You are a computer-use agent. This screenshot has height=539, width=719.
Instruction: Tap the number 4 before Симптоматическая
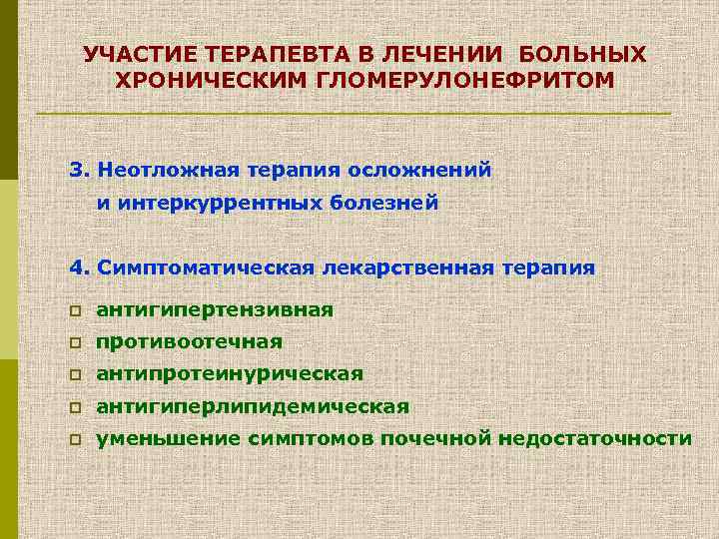77,268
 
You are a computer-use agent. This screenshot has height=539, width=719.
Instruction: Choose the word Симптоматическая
207,268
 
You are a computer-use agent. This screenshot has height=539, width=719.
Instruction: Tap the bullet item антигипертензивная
215,310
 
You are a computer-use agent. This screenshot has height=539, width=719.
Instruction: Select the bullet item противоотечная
189,342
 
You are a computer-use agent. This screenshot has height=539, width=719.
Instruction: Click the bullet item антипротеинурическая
230,374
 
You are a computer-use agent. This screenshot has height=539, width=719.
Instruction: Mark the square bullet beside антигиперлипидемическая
75,407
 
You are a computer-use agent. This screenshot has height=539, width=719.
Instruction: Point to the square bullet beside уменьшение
75,440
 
